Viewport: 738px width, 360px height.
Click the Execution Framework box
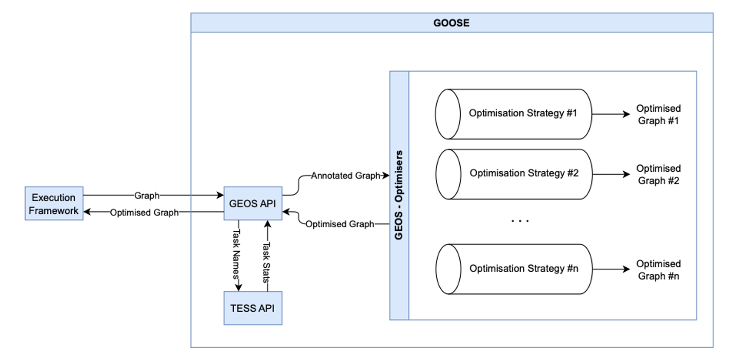(x=54, y=204)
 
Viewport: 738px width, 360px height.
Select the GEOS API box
(x=253, y=204)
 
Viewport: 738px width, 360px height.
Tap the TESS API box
(x=253, y=308)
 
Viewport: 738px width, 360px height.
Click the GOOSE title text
(x=451, y=23)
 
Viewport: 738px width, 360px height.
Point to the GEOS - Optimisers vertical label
(x=399, y=195)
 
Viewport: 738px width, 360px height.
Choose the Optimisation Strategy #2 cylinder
(x=513, y=174)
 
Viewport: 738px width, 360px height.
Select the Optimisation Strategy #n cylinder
(x=513, y=269)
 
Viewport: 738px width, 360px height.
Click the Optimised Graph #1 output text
(x=659, y=115)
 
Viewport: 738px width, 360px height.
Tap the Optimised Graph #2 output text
(x=659, y=174)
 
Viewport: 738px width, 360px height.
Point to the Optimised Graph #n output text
(x=659, y=270)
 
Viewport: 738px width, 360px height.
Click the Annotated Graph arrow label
(x=345, y=176)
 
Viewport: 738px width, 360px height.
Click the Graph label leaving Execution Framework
(x=147, y=195)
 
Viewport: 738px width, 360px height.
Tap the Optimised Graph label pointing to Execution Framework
(x=145, y=212)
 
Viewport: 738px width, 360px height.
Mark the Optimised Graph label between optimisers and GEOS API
(x=340, y=224)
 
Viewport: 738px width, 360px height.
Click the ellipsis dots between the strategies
(x=520, y=221)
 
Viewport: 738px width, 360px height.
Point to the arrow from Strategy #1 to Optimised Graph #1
(x=611, y=114)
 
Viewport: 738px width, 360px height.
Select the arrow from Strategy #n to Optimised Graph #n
(x=611, y=269)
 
